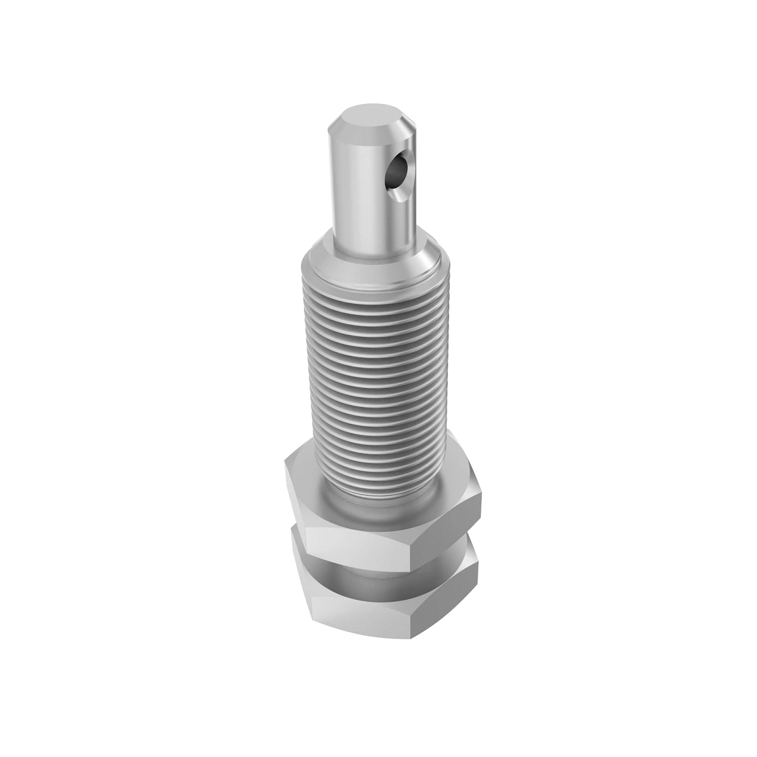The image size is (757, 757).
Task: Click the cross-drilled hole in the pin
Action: coord(397,170)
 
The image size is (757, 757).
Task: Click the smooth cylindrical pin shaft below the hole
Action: coord(360,214)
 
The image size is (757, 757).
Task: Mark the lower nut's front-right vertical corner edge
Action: coord(409,625)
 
